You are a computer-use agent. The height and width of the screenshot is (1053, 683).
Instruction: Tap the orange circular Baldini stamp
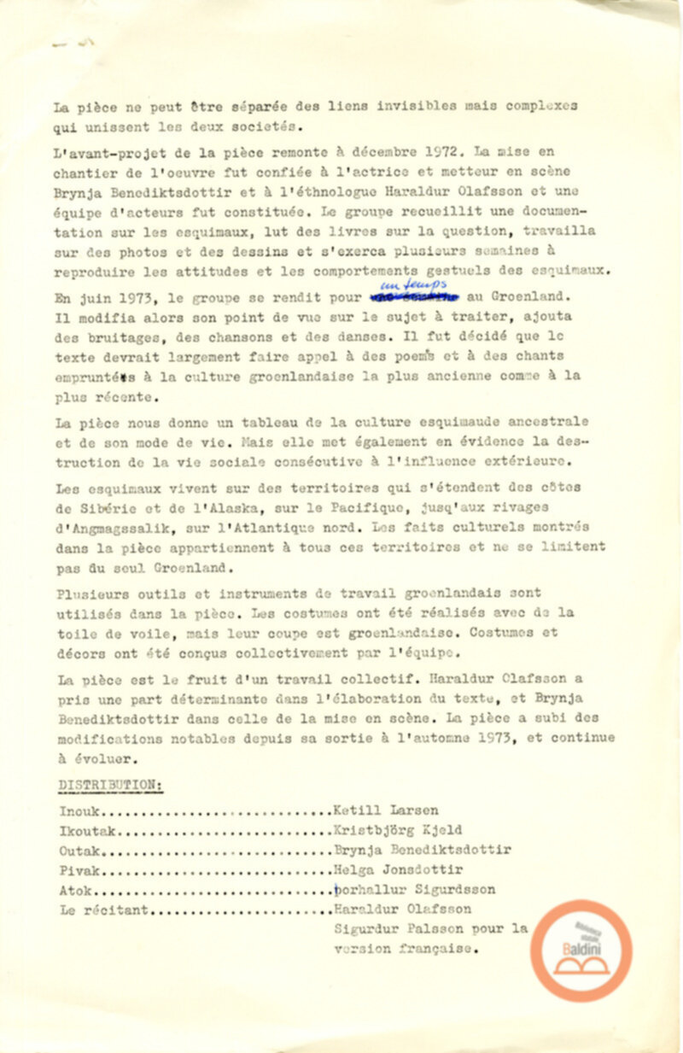(x=581, y=950)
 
